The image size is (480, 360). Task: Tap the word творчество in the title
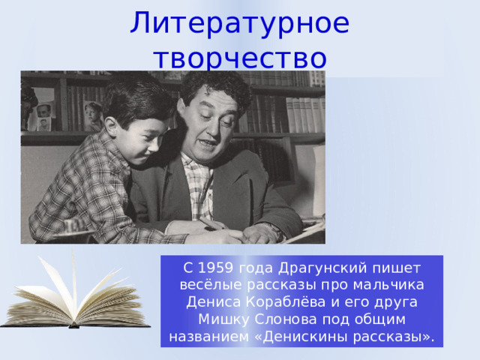pyautogui.click(x=241, y=58)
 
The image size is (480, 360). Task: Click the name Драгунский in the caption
pyautogui.click(x=322, y=268)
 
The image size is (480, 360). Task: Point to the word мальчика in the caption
pyautogui.click(x=388, y=285)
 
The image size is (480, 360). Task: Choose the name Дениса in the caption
pyautogui.click(x=214, y=302)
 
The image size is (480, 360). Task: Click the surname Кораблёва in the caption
pyautogui.click(x=285, y=301)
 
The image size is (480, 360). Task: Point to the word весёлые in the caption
pyautogui.click(x=211, y=285)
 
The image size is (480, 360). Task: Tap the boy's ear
pyautogui.click(x=112, y=125)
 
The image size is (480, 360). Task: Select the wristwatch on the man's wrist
pyautogui.click(x=274, y=230)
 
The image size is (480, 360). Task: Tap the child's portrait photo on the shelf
pyautogui.click(x=93, y=115)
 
